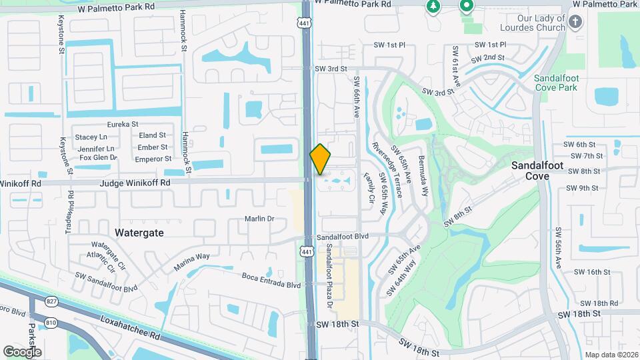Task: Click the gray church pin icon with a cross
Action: [576, 23]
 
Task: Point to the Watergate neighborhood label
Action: [139, 233]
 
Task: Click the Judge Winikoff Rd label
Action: [135, 182]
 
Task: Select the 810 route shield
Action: [52, 322]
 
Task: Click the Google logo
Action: [22, 351]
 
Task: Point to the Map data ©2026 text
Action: [611, 355]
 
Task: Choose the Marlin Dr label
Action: [259, 219]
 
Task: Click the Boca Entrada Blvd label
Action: [271, 285]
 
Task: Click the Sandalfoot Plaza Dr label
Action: [329, 275]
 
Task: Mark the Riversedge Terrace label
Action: [388, 170]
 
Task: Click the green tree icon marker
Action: [433, 6]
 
